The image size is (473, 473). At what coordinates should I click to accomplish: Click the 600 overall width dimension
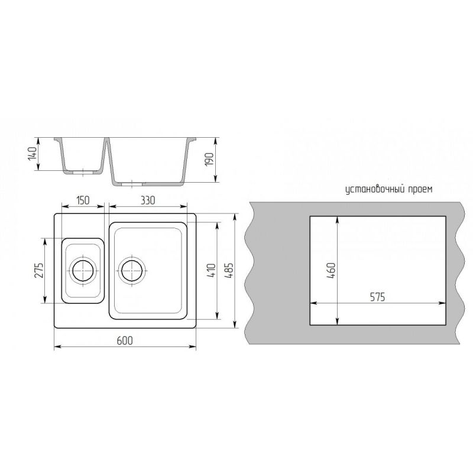(x=125, y=341)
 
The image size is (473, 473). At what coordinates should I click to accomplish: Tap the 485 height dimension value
(x=229, y=271)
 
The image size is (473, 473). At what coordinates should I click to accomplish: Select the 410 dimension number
(x=212, y=271)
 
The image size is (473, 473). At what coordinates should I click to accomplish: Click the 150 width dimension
(x=82, y=200)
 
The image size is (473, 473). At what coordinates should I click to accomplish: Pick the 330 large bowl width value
(x=147, y=200)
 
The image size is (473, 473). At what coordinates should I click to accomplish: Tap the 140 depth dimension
(x=33, y=153)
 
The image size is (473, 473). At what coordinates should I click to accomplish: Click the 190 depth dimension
(x=209, y=159)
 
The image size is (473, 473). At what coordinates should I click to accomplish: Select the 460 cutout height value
(x=331, y=271)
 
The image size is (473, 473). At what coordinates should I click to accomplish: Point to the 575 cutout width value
(x=378, y=297)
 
